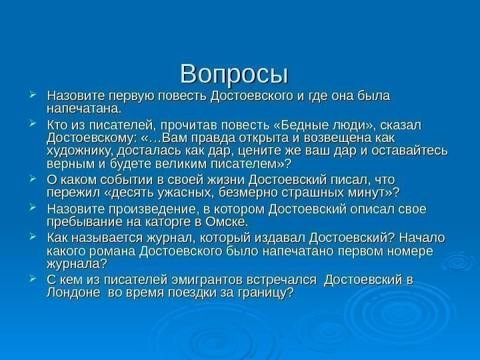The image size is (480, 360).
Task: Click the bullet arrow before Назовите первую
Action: [35, 95]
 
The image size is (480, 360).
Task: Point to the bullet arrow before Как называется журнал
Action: [35, 239]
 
